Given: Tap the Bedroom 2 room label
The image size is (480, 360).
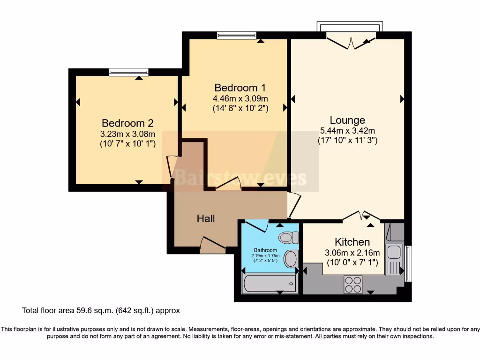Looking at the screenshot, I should [x=127, y=123].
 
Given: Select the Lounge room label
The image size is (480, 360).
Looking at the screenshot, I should [x=347, y=120].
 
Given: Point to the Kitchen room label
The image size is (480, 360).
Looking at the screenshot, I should [x=352, y=242].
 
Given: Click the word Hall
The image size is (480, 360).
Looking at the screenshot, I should [x=206, y=218].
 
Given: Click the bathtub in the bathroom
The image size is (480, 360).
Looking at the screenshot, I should [x=270, y=283].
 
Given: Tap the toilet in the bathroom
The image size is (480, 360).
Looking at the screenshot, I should [x=288, y=238].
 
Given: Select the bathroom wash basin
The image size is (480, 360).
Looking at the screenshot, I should [x=291, y=258].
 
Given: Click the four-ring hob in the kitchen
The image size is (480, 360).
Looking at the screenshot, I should [x=353, y=285].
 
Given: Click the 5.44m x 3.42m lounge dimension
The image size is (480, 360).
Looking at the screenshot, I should [x=347, y=131].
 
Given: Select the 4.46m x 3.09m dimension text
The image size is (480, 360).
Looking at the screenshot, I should [x=240, y=98].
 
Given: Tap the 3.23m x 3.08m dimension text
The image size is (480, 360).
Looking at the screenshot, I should [x=127, y=134].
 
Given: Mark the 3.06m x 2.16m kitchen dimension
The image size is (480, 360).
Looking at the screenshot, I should [x=352, y=253].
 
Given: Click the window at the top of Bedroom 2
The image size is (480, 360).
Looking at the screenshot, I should [x=128, y=72].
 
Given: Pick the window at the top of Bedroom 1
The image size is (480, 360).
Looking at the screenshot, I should [x=237, y=35].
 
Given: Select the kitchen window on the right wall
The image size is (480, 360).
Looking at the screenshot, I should [x=408, y=263].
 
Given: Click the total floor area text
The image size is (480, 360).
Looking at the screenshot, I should [x=101, y=310].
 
